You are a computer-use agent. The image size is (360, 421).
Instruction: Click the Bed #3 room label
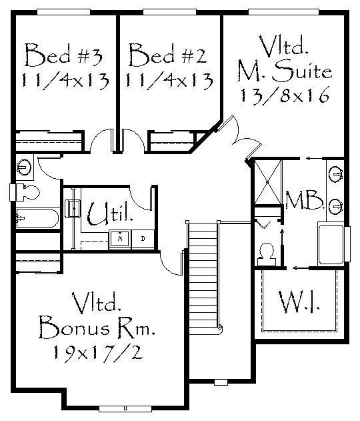(x=63, y=55)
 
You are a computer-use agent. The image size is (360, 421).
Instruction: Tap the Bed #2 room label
(x=168, y=55)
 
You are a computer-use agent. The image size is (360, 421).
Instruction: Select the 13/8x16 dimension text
(x=285, y=95)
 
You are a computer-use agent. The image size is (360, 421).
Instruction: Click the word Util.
(x=111, y=214)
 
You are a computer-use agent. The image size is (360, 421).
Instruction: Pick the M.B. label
(x=305, y=200)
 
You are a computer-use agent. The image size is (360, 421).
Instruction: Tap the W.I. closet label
(x=299, y=302)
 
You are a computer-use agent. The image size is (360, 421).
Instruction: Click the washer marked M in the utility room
(x=120, y=239)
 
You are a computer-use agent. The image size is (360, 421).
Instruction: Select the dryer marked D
(x=143, y=239)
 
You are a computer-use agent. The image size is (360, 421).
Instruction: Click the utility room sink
(x=73, y=208)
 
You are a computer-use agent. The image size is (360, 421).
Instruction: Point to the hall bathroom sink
(x=24, y=167)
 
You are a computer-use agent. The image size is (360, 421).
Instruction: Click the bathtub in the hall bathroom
(x=37, y=218)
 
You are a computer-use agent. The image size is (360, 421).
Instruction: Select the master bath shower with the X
(x=267, y=182)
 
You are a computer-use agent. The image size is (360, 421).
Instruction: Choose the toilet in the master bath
(x=267, y=254)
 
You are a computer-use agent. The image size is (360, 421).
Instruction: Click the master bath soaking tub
(x=331, y=244)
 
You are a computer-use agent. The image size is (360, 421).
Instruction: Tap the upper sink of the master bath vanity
(x=335, y=175)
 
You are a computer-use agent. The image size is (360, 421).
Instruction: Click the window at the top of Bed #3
(x=63, y=12)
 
